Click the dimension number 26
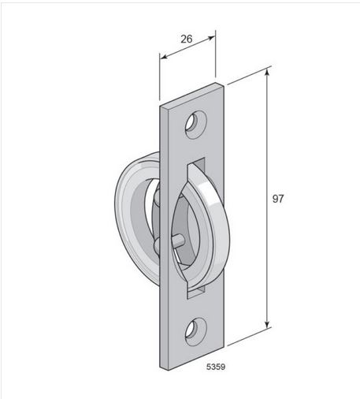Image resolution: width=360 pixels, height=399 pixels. pos(187,39)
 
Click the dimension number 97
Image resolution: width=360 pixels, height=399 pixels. pos(278,199)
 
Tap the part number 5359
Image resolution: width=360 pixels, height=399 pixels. pos(216,367)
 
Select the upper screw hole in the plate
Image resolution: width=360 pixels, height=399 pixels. pos(196,125)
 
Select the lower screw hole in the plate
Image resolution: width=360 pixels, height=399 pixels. pos(196,332)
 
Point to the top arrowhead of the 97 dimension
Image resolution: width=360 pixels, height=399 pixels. pos(267,72)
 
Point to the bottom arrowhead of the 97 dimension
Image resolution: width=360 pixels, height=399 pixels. pos(267,324)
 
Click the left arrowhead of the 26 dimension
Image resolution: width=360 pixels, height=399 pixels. pos(163,57)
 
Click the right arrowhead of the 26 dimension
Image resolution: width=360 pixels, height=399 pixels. pos(211,38)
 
